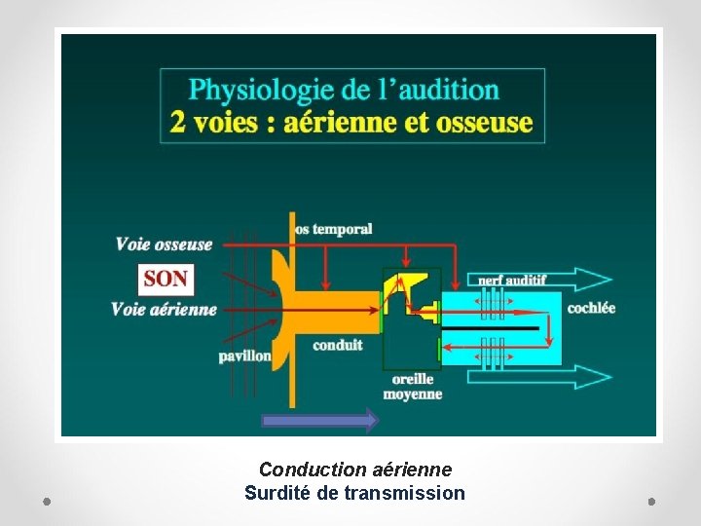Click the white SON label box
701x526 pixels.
point(166,279)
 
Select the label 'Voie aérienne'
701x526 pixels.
point(164,310)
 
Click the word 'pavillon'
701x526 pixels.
point(244,356)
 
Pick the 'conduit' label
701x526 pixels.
point(338,344)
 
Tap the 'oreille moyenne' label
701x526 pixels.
point(413,387)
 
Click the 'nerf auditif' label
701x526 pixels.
point(511,280)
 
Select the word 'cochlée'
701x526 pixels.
point(591,308)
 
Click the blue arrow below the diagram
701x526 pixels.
point(319,420)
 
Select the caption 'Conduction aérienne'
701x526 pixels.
point(354,470)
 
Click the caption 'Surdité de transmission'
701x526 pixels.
point(354,493)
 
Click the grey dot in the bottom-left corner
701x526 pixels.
point(47,501)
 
